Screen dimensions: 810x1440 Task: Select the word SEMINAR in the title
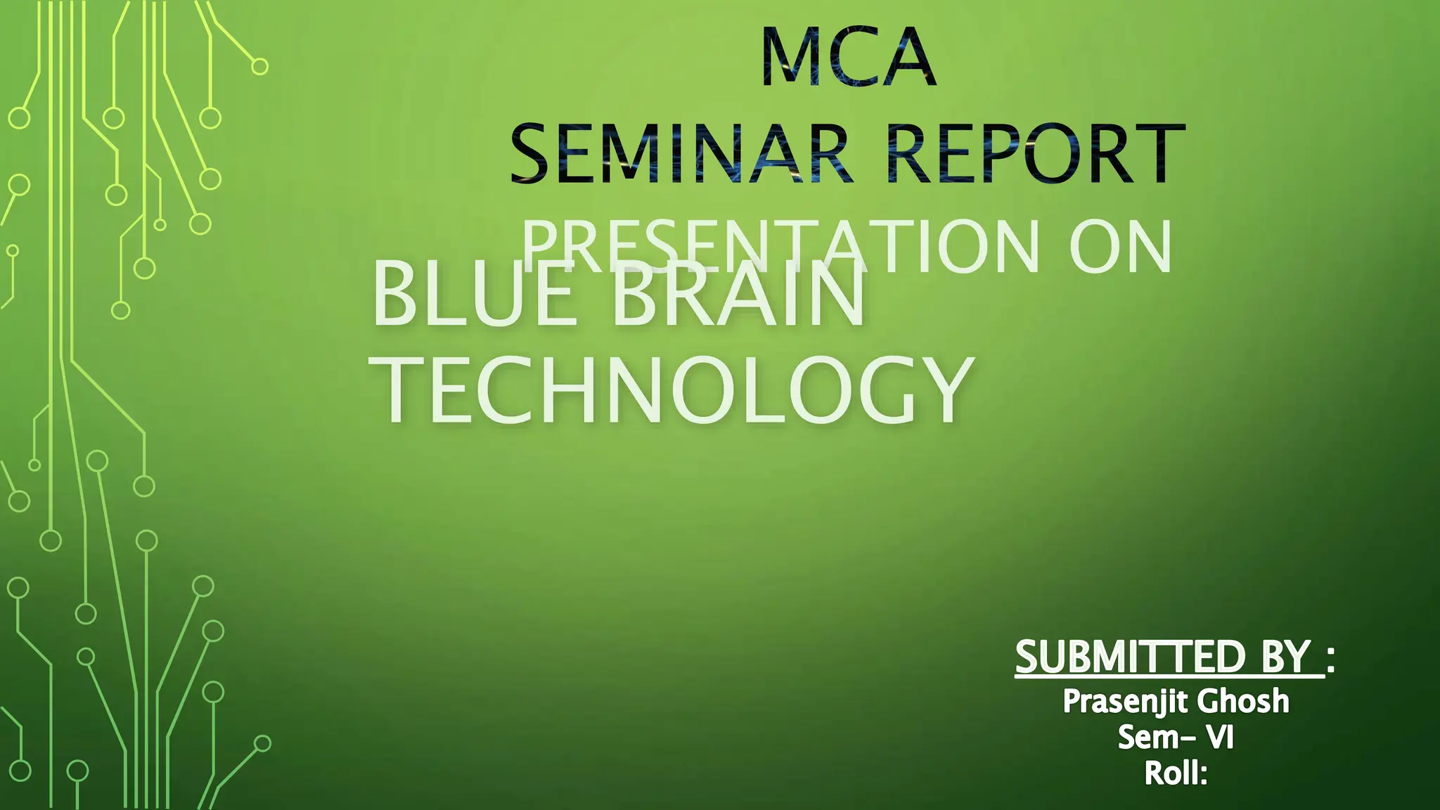pyautogui.click(x=679, y=153)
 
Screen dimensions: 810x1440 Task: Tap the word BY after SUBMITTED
pyautogui.click(x=1286, y=657)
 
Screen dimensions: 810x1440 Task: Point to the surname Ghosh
pyautogui.click(x=1243, y=702)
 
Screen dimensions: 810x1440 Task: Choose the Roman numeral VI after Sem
pyautogui.click(x=1220, y=738)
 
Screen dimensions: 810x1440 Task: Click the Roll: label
pyautogui.click(x=1176, y=773)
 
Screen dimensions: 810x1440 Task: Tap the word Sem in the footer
pyautogui.click(x=1143, y=738)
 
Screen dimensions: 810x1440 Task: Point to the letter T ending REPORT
pyautogui.click(x=1157, y=153)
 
